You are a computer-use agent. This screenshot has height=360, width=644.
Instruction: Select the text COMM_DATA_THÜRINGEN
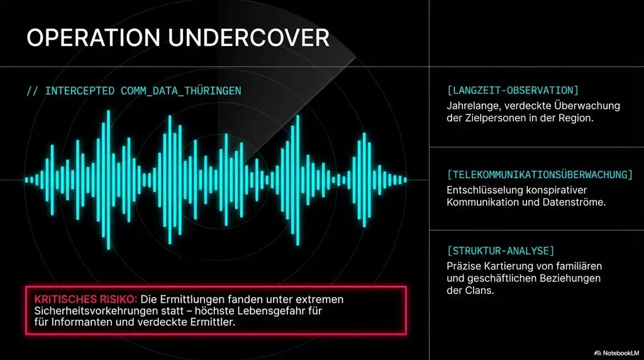tap(180, 91)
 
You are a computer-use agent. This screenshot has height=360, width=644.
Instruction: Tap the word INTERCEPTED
tap(79, 91)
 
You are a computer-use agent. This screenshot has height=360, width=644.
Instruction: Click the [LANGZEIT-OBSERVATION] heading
tap(513, 90)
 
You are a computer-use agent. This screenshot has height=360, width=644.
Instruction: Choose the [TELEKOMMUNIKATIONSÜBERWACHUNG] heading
tap(540, 174)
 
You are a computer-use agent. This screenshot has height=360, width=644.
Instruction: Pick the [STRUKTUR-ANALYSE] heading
tap(501, 250)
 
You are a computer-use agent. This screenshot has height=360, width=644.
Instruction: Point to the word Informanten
tap(79, 322)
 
